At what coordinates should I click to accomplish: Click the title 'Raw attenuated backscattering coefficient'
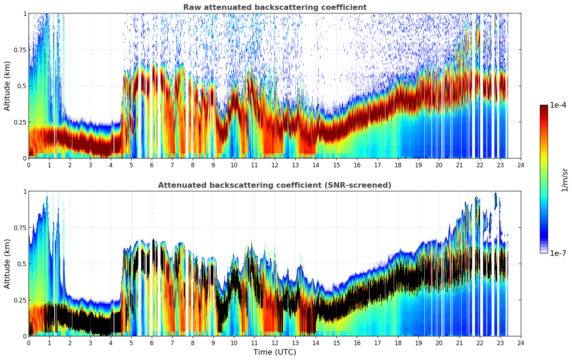click(275, 7)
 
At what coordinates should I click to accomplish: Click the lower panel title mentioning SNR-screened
click(275, 185)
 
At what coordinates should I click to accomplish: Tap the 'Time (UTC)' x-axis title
click(275, 352)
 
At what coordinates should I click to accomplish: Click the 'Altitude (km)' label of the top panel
click(7, 86)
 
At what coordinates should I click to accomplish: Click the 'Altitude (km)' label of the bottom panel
click(7, 264)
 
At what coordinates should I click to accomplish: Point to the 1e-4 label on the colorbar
click(558, 105)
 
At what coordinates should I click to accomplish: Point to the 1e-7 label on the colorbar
click(558, 253)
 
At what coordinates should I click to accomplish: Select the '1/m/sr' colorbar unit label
click(565, 179)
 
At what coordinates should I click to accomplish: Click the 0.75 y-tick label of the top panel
click(20, 50)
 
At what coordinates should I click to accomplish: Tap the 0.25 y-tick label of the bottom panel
click(20, 300)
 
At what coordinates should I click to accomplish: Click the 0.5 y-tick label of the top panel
click(22, 86)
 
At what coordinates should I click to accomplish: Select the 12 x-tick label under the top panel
click(275, 165)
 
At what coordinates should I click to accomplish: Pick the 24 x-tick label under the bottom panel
click(521, 343)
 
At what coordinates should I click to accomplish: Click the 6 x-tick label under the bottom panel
click(152, 343)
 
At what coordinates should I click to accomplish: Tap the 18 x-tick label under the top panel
click(398, 165)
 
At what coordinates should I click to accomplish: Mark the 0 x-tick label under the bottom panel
click(29, 343)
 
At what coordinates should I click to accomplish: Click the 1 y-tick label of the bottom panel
click(25, 191)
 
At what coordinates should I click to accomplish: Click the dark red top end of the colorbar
click(544, 107)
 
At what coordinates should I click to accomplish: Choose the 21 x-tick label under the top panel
click(459, 165)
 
